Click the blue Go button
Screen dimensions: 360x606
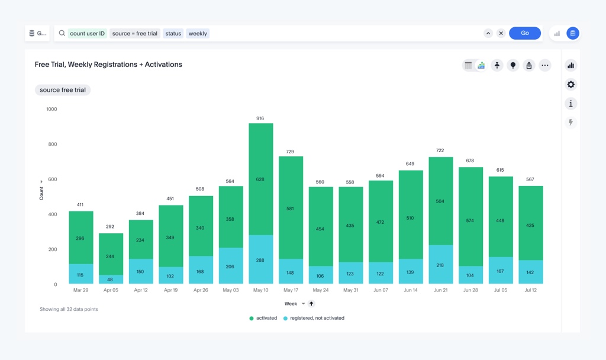tap(524, 33)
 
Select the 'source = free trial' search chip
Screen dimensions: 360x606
tap(135, 34)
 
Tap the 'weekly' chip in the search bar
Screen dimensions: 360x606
tap(198, 34)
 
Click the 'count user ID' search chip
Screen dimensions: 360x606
tap(87, 34)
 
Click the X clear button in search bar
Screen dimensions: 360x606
tap(501, 33)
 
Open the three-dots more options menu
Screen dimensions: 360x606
tap(544, 65)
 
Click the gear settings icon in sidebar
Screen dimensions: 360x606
tap(570, 85)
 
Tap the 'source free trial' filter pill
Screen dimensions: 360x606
tap(63, 90)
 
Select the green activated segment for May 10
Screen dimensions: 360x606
tap(260, 179)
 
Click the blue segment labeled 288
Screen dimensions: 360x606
tap(260, 259)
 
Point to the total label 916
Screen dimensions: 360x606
tap(260, 118)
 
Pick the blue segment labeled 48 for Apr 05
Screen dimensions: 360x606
tap(110, 279)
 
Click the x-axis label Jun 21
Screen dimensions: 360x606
tap(441, 290)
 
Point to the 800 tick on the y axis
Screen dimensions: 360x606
tap(51, 144)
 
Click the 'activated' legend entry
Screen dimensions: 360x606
tap(263, 318)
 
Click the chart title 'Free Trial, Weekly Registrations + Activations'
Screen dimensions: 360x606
tap(108, 65)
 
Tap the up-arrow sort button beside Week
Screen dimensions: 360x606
tap(311, 304)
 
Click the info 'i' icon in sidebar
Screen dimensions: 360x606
tap(570, 104)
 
